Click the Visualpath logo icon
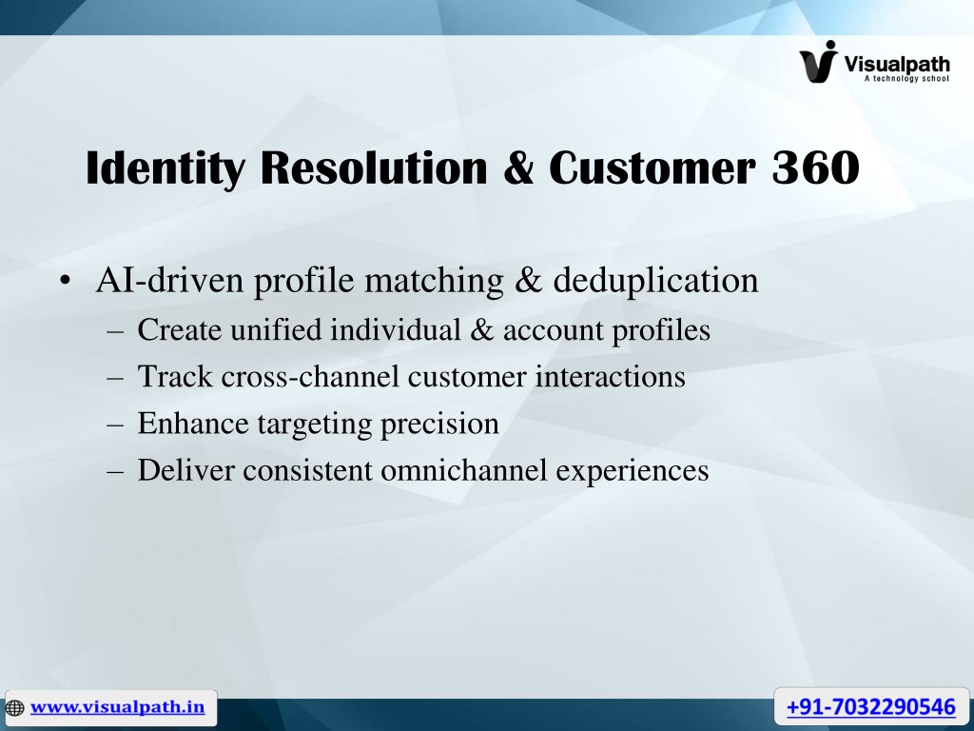819,62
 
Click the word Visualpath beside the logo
896,64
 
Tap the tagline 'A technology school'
906,78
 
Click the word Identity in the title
166,168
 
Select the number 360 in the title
815,168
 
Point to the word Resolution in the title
374,168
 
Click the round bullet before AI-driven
66,281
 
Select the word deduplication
655,281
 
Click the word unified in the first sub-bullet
276,329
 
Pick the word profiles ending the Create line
661,330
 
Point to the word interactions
610,377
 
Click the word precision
439,425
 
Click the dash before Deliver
115,471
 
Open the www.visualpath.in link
117,707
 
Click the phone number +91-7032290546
871,707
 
